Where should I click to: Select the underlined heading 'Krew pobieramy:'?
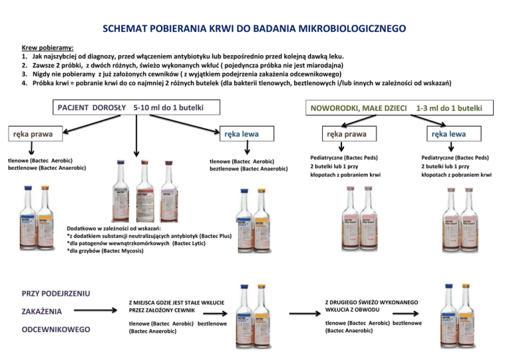pyautogui.click(x=48, y=48)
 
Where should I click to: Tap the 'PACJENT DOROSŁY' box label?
pyautogui.click(x=91, y=107)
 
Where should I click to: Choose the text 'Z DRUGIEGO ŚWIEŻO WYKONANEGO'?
pyautogui.click(x=364, y=301)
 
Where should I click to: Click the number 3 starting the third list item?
pyautogui.click(x=24, y=74)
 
